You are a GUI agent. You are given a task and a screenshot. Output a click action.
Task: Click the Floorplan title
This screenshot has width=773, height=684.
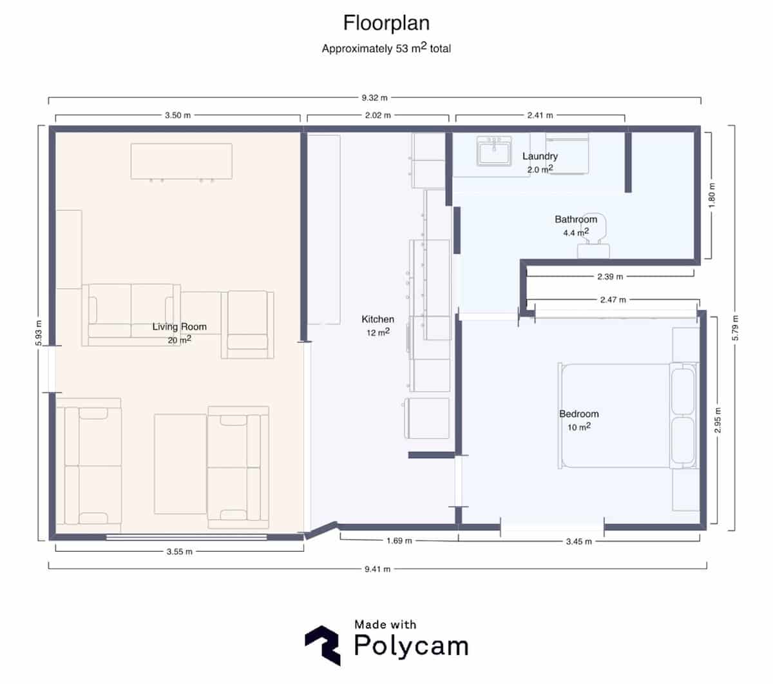pos(386,23)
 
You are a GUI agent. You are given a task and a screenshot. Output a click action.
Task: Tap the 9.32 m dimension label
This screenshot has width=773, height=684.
pos(374,98)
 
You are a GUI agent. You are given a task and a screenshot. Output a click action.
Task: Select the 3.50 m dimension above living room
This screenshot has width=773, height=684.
pos(178,115)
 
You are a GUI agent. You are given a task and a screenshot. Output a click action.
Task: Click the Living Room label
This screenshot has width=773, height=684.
pos(179,327)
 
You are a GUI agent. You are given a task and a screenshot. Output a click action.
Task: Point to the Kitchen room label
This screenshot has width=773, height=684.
pos(377,319)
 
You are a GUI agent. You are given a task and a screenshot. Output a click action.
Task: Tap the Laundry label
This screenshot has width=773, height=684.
pos(540,156)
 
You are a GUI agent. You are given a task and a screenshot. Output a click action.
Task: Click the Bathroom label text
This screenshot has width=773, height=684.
pos(576,219)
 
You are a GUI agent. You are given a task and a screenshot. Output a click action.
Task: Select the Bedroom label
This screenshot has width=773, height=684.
pos(578,414)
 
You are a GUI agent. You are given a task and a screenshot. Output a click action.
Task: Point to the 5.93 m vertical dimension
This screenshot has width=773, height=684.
pos(39,333)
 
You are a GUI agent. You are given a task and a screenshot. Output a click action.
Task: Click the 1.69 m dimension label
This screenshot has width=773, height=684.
pos(399,541)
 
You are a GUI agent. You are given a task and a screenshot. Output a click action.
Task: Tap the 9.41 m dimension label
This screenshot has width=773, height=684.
pos(377,569)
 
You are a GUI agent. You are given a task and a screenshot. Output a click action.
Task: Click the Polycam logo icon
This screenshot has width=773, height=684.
pos(322,644)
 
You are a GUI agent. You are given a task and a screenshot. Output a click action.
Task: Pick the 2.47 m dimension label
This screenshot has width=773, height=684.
pos(612,300)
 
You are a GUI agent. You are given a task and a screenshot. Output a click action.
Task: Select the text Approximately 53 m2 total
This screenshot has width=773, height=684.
pos(386,48)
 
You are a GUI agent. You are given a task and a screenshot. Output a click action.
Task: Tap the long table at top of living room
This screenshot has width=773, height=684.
pos(181,161)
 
